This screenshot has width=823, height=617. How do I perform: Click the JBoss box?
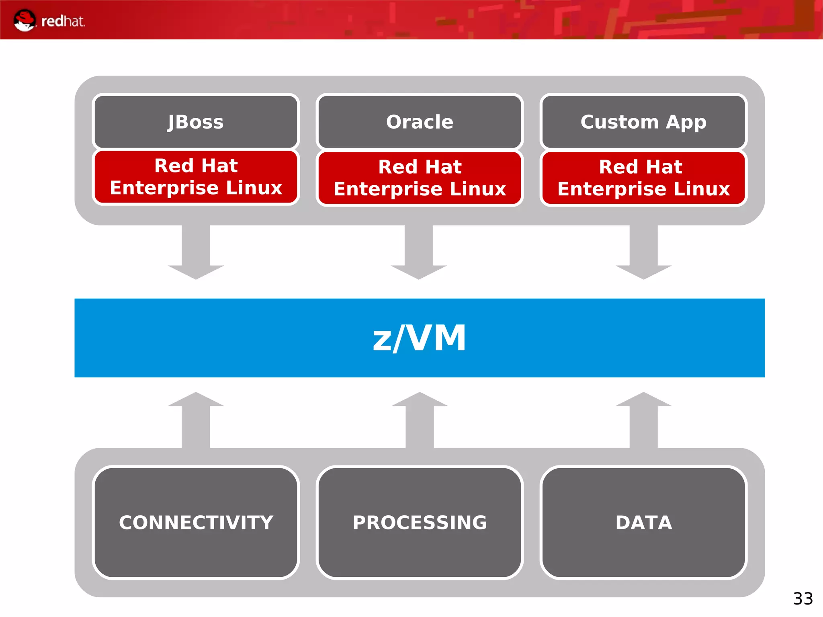(x=196, y=122)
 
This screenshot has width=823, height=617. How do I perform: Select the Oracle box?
(x=420, y=122)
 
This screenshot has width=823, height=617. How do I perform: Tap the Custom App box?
(x=643, y=122)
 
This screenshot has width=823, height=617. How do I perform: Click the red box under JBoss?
(x=196, y=177)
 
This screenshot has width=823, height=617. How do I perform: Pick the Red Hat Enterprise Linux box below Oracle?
(x=420, y=178)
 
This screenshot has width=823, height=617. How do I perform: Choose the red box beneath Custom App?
(x=643, y=178)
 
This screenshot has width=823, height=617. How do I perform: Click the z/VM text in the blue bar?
(x=420, y=338)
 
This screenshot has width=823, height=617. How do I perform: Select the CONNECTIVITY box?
(x=196, y=522)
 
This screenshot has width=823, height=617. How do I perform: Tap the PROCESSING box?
(x=420, y=522)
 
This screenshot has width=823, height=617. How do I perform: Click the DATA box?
(x=643, y=522)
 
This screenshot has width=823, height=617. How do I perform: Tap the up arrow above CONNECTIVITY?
(x=196, y=418)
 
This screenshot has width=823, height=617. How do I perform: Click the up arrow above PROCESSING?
(x=420, y=418)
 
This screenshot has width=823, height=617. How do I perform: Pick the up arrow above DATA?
(x=643, y=418)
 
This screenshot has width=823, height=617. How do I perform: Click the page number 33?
(x=803, y=599)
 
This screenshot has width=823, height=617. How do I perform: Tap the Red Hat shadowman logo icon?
(x=25, y=20)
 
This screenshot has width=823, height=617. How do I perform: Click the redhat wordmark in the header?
(x=63, y=21)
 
